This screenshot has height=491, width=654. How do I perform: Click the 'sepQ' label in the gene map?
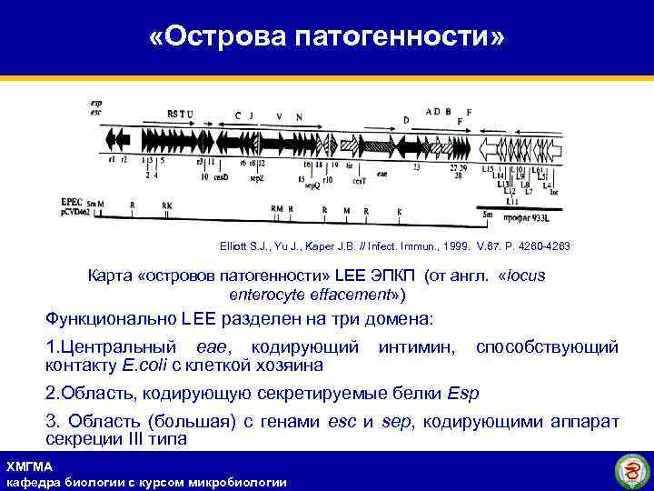coord(312,185)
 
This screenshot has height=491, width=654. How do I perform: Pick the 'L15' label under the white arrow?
coord(487,169)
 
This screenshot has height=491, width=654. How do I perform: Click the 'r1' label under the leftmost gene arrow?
coord(111,160)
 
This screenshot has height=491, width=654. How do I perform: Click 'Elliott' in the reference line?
coord(235,247)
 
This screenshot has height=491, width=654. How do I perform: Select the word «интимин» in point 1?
coord(419,347)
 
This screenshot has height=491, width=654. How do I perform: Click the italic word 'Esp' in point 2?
coord(463,394)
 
